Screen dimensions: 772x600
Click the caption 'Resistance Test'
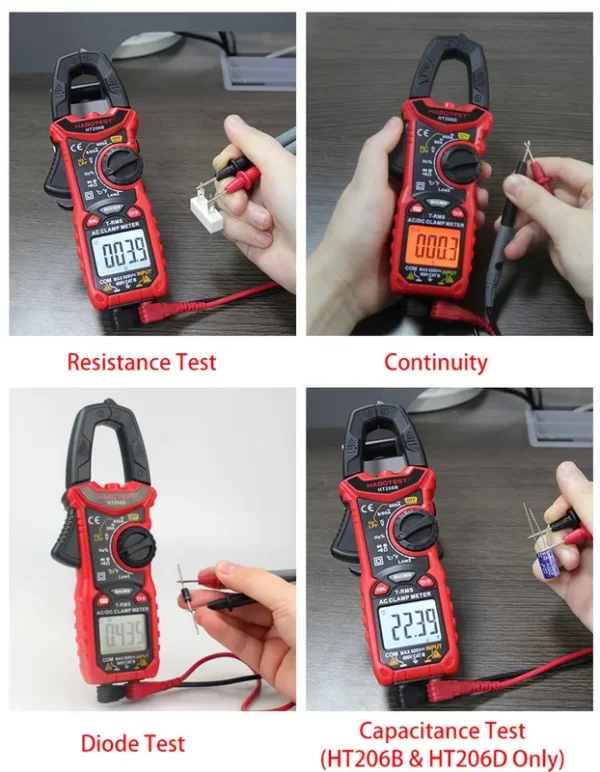(141, 361)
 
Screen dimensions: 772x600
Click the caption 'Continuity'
(435, 361)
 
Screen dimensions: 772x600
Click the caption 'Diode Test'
(133, 742)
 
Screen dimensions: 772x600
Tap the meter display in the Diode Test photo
(119, 632)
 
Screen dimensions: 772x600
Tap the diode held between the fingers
(189, 598)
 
